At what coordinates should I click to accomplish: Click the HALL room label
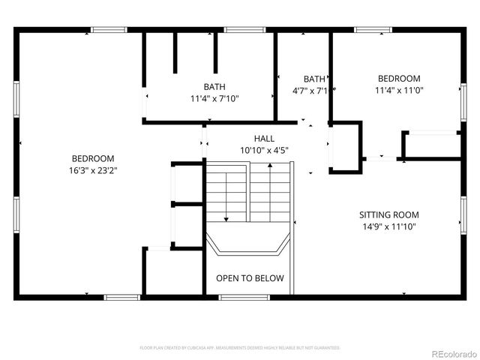(x=264, y=139)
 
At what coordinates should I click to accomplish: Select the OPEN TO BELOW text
(x=250, y=278)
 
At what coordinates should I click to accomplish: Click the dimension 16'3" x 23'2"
(x=93, y=170)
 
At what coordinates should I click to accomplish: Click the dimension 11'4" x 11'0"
(x=399, y=90)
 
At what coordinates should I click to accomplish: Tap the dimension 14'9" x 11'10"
(x=388, y=226)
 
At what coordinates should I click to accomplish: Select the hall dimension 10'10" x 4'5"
(x=264, y=150)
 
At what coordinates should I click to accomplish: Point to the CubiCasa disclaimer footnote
(x=240, y=348)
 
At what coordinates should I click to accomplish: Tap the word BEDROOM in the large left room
(x=93, y=158)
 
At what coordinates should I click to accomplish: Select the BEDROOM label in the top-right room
(x=399, y=79)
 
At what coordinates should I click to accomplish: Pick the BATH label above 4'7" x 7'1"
(x=314, y=79)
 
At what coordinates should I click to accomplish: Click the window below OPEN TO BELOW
(x=244, y=298)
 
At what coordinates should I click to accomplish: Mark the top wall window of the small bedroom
(x=373, y=30)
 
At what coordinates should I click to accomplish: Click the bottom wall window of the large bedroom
(x=122, y=298)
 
